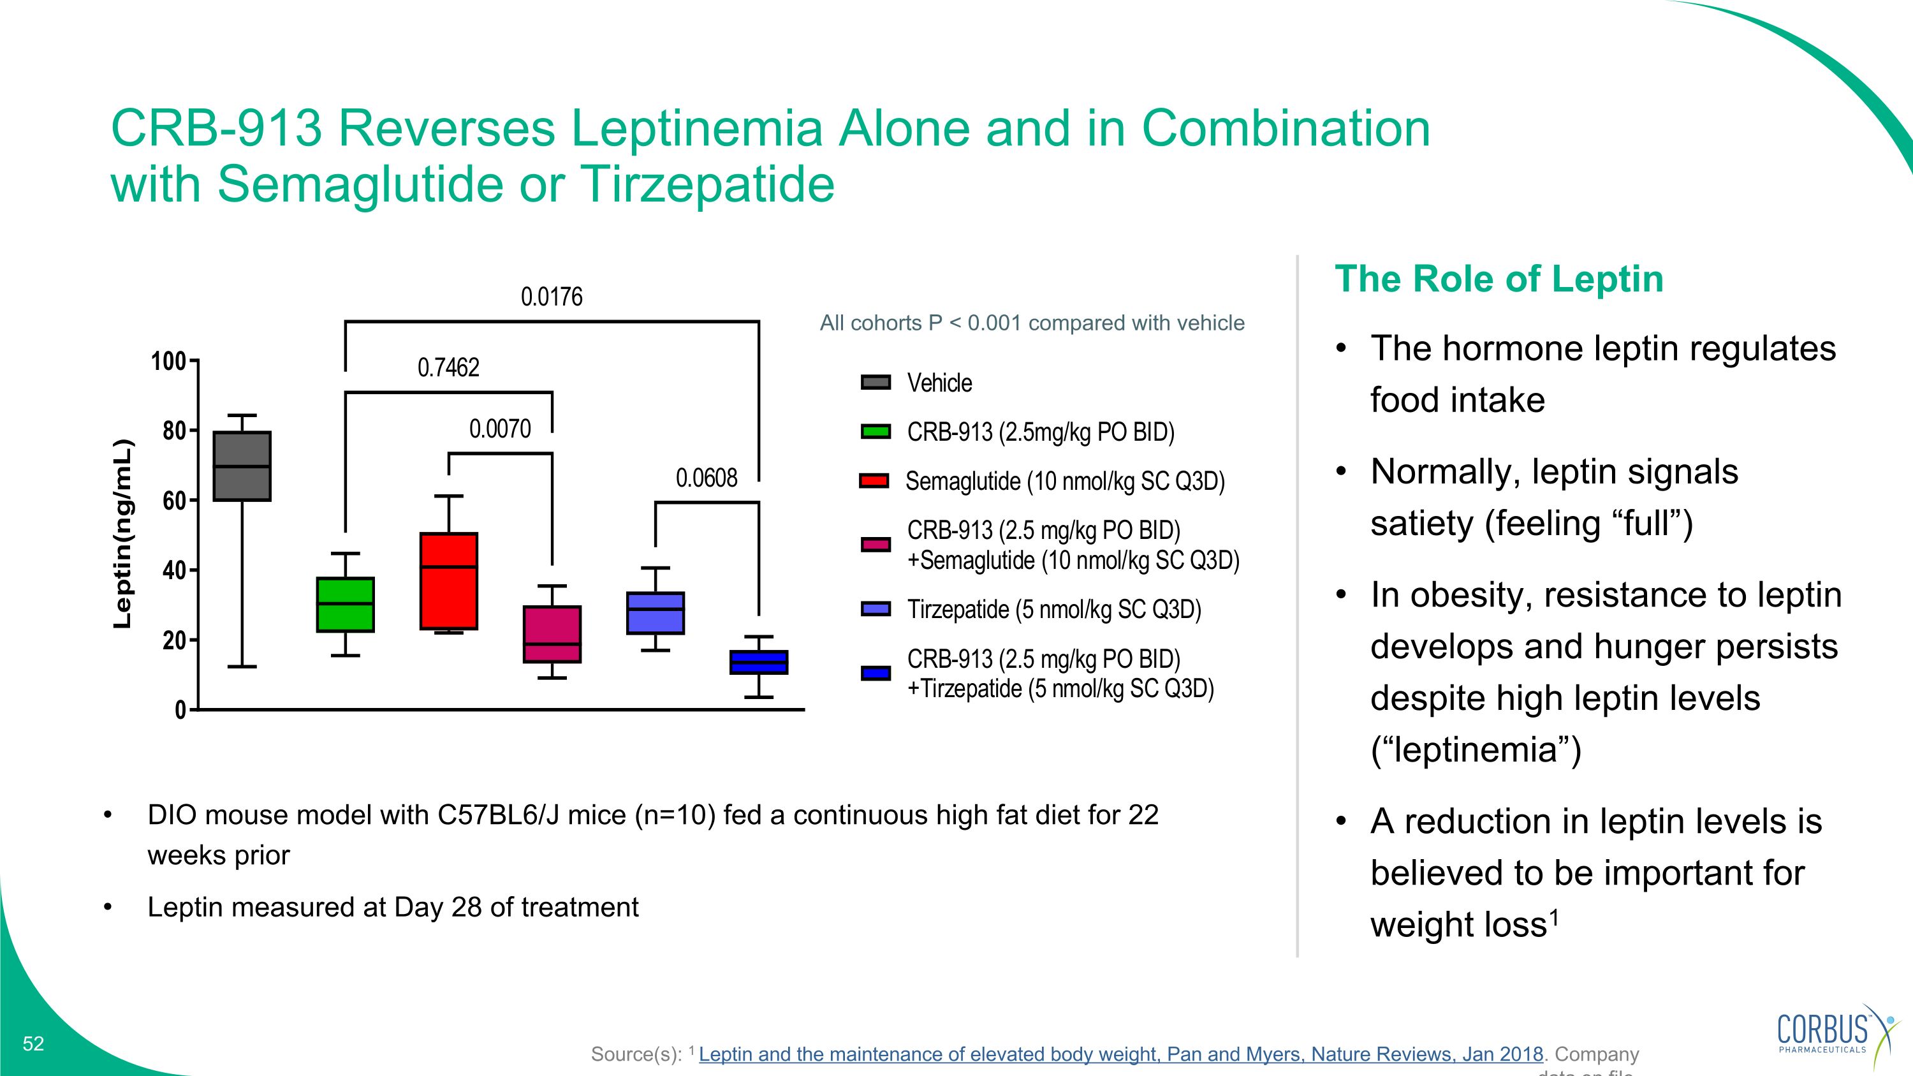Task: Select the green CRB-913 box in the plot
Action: click(x=346, y=605)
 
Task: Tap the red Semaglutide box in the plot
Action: click(x=448, y=580)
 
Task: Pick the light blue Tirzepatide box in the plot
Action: click(x=655, y=613)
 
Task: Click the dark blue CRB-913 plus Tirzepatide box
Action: click(x=758, y=663)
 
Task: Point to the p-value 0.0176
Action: click(x=551, y=297)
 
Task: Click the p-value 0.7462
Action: click(x=448, y=367)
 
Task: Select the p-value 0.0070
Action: click(x=500, y=429)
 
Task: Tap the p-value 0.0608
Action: click(x=707, y=478)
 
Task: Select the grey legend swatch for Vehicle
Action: click(x=876, y=383)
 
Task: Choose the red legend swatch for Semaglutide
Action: click(x=874, y=481)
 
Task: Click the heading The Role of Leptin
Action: click(x=1499, y=279)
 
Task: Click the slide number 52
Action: click(x=33, y=1043)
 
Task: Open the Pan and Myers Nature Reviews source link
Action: click(x=1120, y=1054)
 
